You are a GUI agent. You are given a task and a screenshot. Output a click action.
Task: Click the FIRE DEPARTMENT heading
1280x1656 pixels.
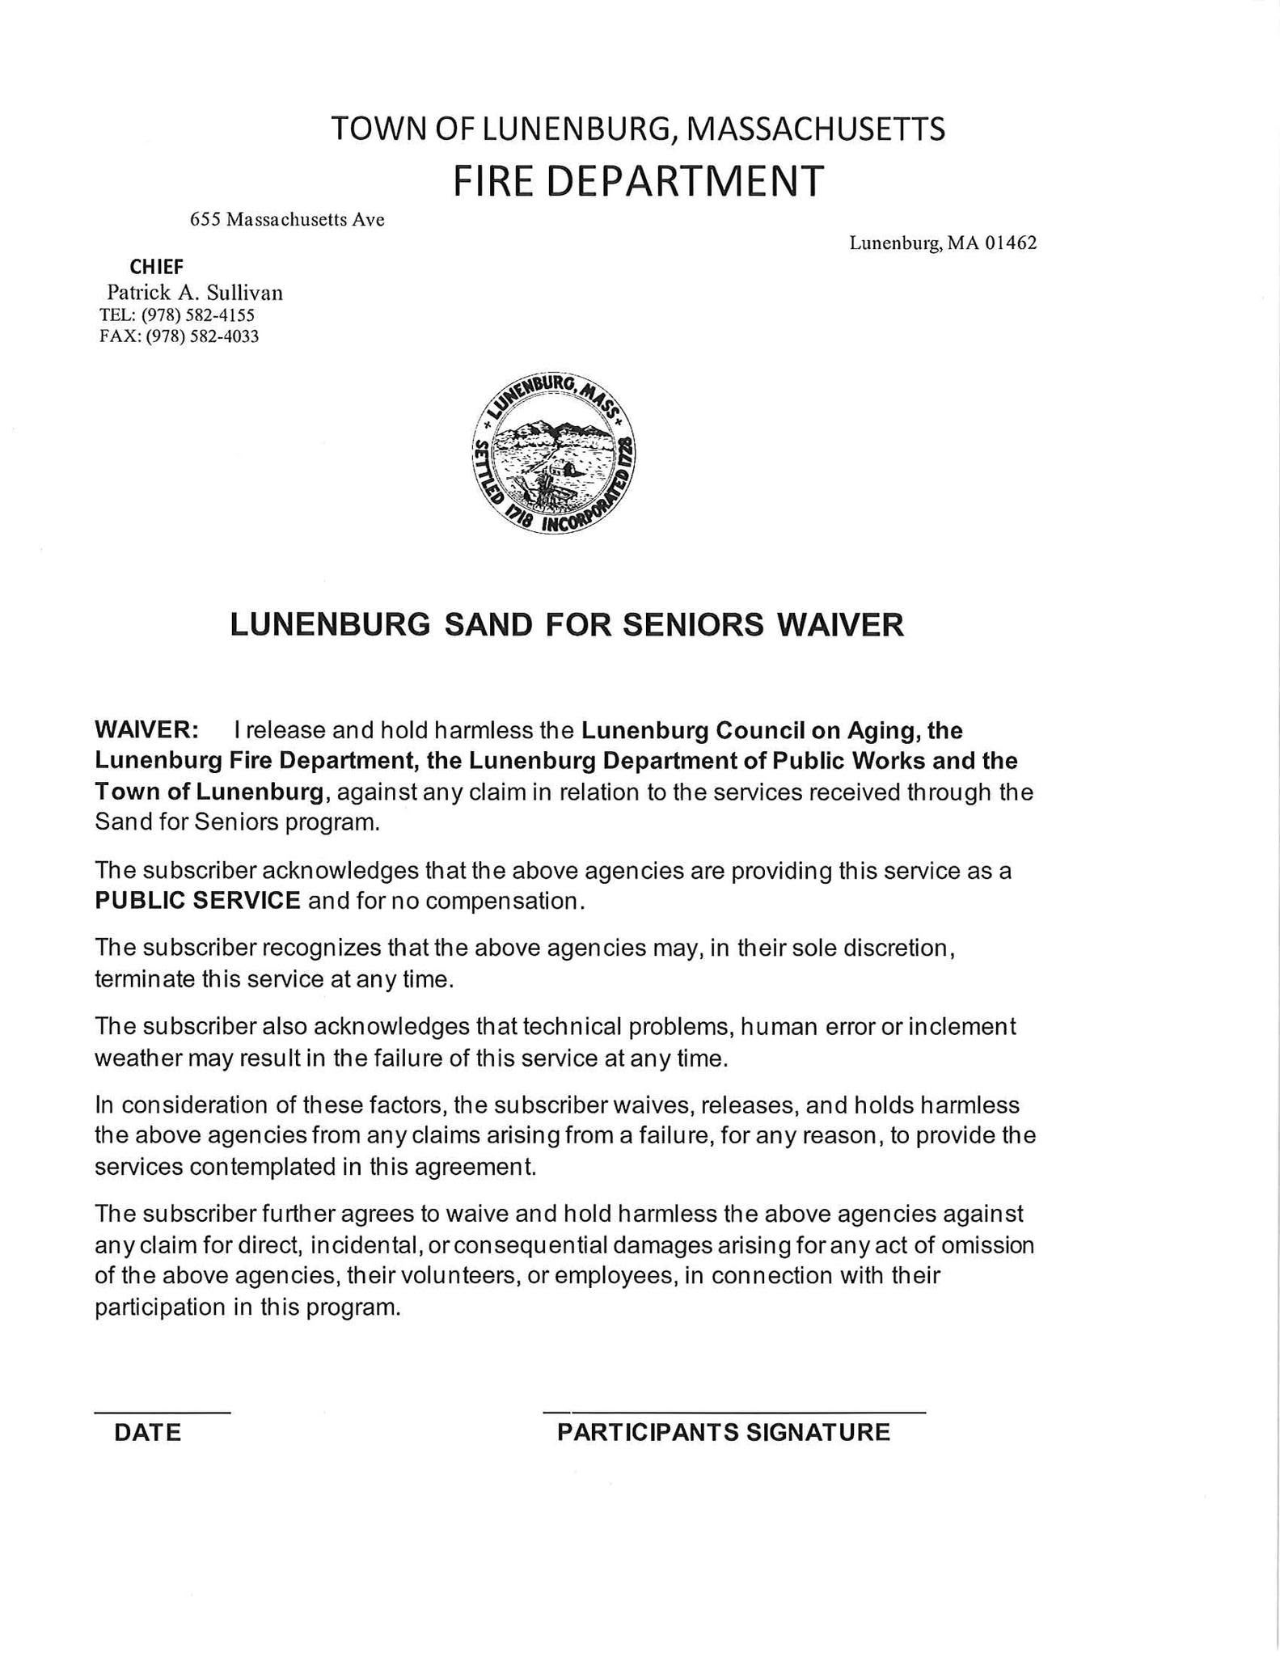pos(638,180)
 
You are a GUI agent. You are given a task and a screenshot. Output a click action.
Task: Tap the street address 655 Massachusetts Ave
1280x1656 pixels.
pos(287,219)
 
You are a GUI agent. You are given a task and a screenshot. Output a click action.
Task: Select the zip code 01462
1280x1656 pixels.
pos(1011,243)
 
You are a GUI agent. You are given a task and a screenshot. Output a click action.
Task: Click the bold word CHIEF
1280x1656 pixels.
pos(157,267)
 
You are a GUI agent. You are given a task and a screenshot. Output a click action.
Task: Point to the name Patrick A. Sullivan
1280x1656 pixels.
pos(195,293)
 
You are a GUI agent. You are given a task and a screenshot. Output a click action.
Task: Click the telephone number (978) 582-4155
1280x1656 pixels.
pos(198,315)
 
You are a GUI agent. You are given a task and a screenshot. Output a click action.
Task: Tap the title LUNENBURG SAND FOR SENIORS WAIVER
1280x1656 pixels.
pos(567,625)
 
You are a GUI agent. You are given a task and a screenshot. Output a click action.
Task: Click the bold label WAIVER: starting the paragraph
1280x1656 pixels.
pos(146,730)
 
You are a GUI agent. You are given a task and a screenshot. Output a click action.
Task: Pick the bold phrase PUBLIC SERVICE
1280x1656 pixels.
pos(197,901)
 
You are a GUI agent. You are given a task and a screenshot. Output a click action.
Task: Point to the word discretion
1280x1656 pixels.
pos(898,948)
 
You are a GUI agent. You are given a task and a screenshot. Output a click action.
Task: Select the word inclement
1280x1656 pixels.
pos(962,1027)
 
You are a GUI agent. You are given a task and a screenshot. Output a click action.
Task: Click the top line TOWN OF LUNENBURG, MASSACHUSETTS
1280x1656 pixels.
pos(638,129)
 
